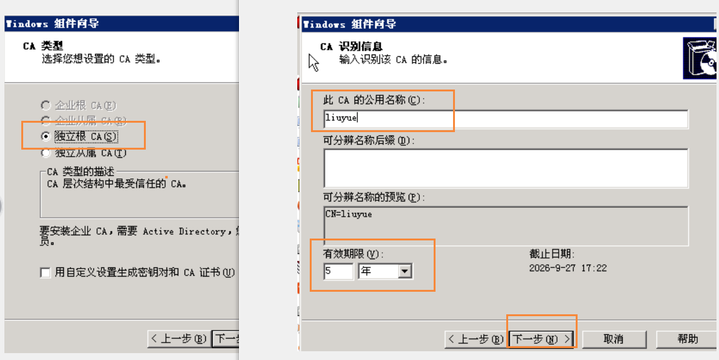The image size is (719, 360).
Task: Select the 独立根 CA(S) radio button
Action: [x=46, y=136]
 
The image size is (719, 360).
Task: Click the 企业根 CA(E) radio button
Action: [x=46, y=105]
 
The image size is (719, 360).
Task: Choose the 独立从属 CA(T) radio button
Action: [x=46, y=153]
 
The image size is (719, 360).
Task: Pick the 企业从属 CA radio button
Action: [x=46, y=121]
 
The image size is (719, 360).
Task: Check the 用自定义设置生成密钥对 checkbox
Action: [x=46, y=273]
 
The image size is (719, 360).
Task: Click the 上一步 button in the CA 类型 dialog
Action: [x=180, y=339]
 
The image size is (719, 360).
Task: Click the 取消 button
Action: [x=614, y=339]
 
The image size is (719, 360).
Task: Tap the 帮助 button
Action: [x=687, y=339]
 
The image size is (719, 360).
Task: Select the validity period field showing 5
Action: [x=338, y=271]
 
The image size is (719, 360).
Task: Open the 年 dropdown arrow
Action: [x=404, y=271]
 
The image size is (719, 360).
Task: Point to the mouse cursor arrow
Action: [x=314, y=63]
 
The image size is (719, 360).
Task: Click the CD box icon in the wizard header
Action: [x=700, y=58]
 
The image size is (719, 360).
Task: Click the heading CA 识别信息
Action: [x=351, y=47]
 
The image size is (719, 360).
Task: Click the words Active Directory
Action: [x=184, y=231]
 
